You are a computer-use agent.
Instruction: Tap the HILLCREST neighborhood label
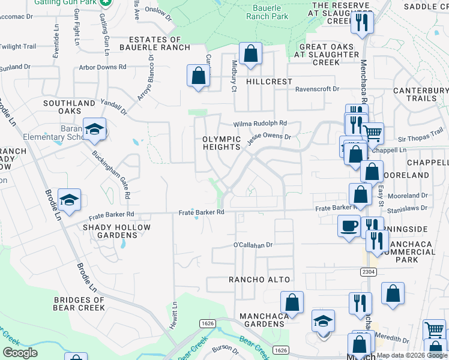point(268,81)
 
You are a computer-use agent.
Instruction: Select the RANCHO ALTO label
point(259,280)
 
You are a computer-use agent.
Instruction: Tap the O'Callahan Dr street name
point(253,245)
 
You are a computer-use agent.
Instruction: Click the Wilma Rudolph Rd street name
point(261,124)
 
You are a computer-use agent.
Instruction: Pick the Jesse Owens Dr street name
point(271,137)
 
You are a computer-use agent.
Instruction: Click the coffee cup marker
point(349,226)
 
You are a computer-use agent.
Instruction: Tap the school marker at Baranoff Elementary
point(94,130)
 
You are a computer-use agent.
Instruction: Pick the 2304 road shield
point(369,272)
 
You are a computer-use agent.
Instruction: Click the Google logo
point(19,353)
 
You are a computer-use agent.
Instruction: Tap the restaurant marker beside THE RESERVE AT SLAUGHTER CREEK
point(363,23)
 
